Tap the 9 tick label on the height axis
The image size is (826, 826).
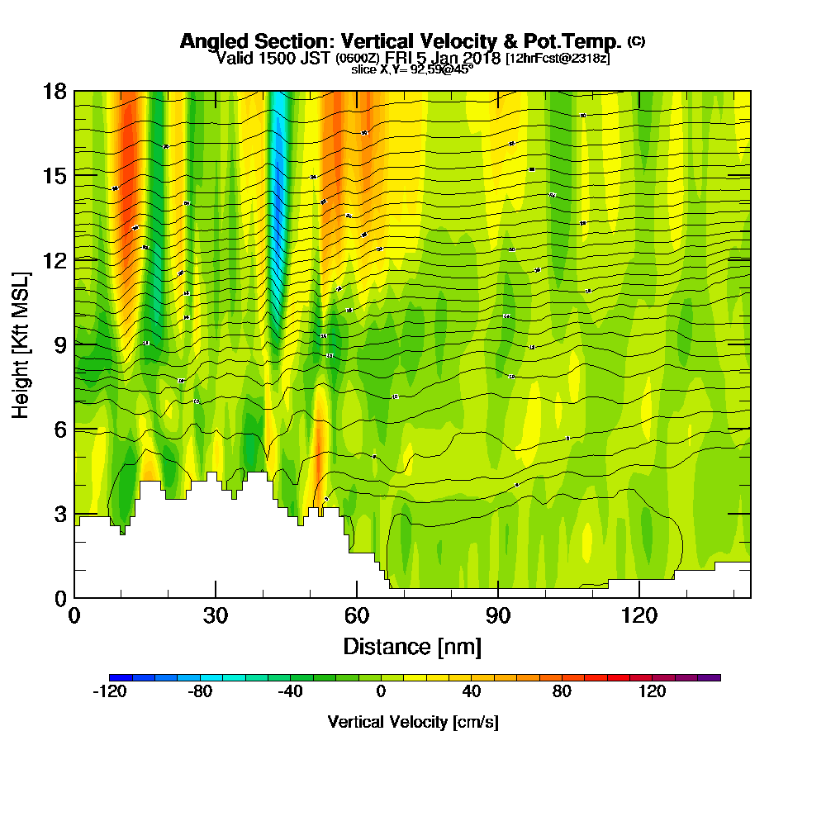[x=59, y=344]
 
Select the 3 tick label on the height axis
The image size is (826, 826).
[x=59, y=514]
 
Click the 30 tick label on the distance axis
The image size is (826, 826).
[x=216, y=615]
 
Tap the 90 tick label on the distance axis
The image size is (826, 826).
[x=498, y=615]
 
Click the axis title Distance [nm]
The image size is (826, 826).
[x=412, y=645]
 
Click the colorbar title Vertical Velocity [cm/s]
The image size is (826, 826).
[x=413, y=722]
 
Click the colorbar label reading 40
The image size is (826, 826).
[x=472, y=692]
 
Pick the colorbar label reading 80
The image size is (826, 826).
[x=562, y=692]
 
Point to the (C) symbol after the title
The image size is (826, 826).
[x=636, y=40]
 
